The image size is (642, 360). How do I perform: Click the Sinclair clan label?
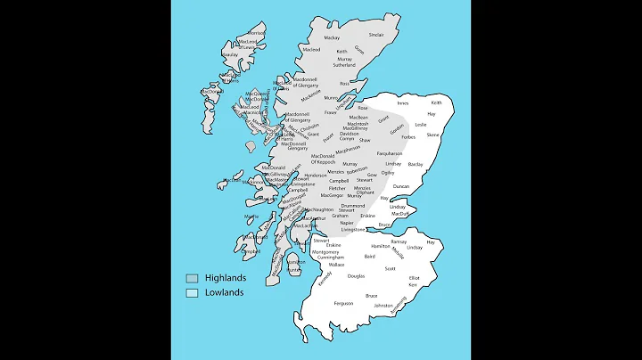[x=376, y=35]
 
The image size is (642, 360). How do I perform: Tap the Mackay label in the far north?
[x=332, y=38]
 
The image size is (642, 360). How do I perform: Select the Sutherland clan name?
[x=344, y=65]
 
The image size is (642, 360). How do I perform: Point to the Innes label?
[x=403, y=103]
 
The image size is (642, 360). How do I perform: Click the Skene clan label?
[x=432, y=135]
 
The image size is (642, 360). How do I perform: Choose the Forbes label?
[x=408, y=137]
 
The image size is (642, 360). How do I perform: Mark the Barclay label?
[x=416, y=164]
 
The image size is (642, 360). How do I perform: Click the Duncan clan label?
[x=401, y=186]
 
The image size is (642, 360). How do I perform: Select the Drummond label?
[x=352, y=205]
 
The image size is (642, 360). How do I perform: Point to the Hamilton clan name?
[x=381, y=245]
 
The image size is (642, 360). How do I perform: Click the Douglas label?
[x=356, y=276]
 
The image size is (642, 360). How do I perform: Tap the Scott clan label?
[x=391, y=268]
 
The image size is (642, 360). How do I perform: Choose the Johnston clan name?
[x=383, y=306]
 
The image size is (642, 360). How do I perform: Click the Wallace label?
[x=335, y=265]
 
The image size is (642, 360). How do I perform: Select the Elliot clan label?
[x=415, y=278]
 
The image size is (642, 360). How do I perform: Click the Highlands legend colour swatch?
[x=192, y=278]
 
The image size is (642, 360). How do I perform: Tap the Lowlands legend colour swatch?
[x=192, y=292]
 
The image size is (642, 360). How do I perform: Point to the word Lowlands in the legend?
[x=224, y=292]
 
